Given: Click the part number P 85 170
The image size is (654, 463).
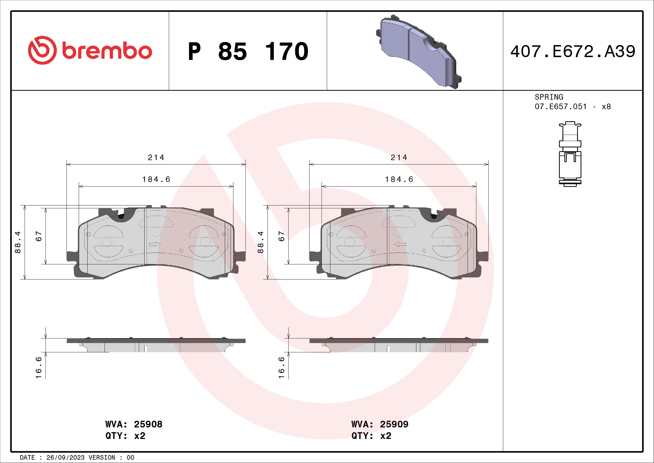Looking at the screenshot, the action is (248, 52).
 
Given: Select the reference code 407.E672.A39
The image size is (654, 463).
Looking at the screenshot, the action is (573, 52).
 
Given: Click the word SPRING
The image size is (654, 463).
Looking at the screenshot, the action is (549, 97).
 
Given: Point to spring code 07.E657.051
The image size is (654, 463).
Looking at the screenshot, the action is (561, 107).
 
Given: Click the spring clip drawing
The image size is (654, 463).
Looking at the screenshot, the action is (570, 154).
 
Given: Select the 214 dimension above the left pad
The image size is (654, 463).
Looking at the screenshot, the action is (156, 157).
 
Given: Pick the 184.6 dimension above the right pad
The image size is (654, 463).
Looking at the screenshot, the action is (399, 179).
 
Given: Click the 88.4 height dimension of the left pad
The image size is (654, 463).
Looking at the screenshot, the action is (18, 242).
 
